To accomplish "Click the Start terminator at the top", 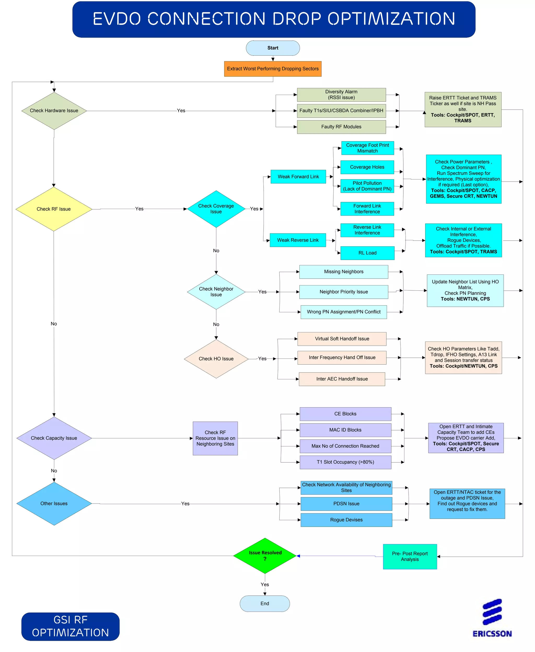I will click(273, 48).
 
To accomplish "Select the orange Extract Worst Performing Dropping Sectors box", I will click(273, 69).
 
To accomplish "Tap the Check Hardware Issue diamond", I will click(54, 111).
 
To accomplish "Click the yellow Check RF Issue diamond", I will click(54, 209).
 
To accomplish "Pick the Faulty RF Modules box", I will click(341, 127).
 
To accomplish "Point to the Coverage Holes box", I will click(367, 167).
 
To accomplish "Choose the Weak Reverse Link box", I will click(298, 240).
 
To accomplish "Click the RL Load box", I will click(367, 253).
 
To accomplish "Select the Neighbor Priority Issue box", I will click(344, 292).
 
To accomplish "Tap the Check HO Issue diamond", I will click(216, 359).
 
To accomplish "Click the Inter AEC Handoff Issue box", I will click(342, 379).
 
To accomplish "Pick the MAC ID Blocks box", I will click(345, 430).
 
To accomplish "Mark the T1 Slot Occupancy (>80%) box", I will click(345, 462).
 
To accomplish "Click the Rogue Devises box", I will click(346, 520).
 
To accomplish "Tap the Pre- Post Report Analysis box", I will click(410, 556).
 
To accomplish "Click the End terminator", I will click(265, 603).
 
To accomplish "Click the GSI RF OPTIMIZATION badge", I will click(70, 626).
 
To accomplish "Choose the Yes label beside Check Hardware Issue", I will click(181, 111).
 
